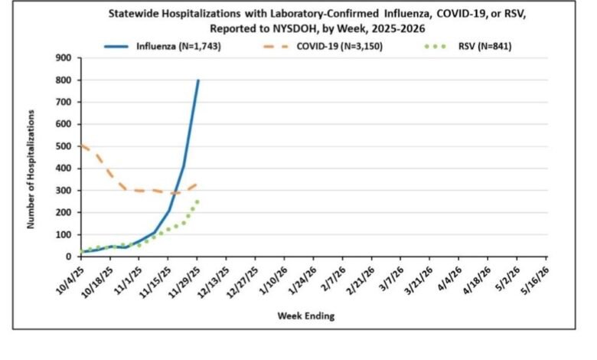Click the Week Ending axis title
tap(307, 315)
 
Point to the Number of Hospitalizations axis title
tap(31, 169)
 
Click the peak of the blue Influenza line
tap(198, 80)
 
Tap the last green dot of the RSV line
tap(197, 201)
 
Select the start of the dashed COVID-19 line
tap(81, 146)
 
